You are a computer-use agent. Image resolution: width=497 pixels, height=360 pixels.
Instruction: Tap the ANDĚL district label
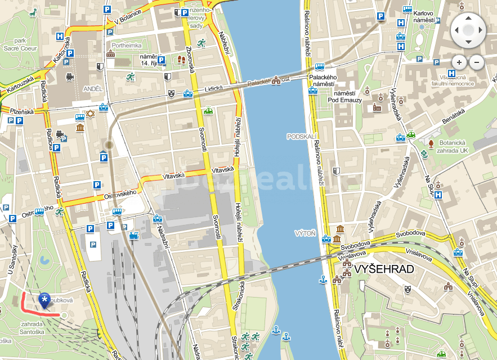click(92, 89)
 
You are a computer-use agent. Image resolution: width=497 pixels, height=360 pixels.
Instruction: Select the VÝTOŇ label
click(305, 232)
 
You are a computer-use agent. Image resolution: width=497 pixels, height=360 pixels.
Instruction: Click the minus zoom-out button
click(477, 62)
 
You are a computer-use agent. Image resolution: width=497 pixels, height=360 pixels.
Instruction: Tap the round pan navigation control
click(468, 29)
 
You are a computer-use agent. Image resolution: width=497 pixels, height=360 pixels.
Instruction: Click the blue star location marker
click(44, 300)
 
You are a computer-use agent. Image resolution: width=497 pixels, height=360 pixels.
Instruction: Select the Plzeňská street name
click(22, 111)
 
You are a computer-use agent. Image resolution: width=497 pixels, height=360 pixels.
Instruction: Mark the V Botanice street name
click(127, 17)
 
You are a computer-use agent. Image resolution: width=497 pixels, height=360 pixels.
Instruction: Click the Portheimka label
click(126, 46)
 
